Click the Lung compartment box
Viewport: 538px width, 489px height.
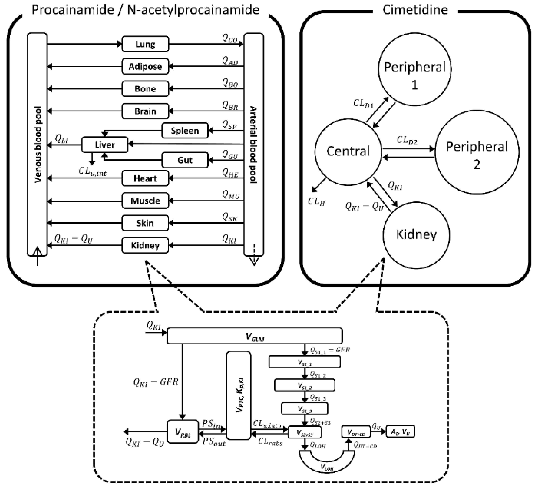click(x=145, y=44)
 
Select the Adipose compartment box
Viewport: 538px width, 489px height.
click(x=145, y=66)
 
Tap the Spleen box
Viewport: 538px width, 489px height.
click(x=185, y=131)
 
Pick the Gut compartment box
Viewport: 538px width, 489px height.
click(x=185, y=160)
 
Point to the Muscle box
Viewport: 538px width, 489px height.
click(x=145, y=201)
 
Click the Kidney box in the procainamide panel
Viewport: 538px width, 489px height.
click(x=145, y=245)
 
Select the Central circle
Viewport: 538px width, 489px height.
click(x=348, y=151)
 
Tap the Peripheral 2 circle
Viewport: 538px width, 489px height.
click(x=477, y=152)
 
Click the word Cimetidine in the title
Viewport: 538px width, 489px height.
click(x=415, y=10)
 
